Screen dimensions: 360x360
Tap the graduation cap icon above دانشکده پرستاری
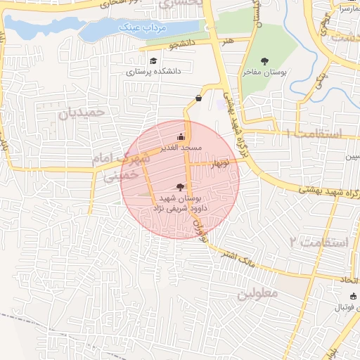point(153,61)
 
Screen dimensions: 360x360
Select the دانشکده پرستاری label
point(154,72)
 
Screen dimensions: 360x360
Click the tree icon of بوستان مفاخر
point(264,61)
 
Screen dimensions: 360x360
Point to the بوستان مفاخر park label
point(264,72)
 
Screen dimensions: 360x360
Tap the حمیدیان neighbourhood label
point(81,112)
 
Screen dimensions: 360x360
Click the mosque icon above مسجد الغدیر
point(182,137)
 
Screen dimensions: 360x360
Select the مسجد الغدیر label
point(182,148)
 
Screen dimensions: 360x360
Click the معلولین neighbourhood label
point(258,292)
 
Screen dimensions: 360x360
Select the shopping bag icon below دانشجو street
point(198,98)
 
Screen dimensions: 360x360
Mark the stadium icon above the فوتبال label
point(353,296)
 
